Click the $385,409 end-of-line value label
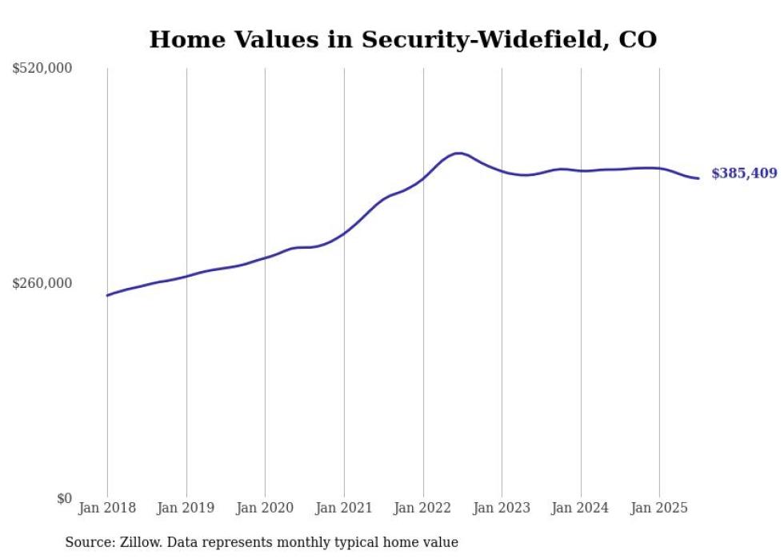point(743,174)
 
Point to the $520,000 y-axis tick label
point(42,69)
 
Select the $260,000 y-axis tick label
point(42,283)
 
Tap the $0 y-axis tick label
point(64,498)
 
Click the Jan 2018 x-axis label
point(107,508)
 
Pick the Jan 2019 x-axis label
point(186,508)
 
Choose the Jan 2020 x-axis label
point(265,508)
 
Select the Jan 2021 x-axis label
point(344,508)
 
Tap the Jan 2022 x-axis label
point(423,508)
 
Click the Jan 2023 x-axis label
point(502,508)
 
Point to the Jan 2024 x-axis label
point(581,508)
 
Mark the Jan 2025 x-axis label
point(659,508)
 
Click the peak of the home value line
point(458,153)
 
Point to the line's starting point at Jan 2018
point(107,295)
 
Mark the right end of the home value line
point(698,178)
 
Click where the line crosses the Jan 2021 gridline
point(344,234)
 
